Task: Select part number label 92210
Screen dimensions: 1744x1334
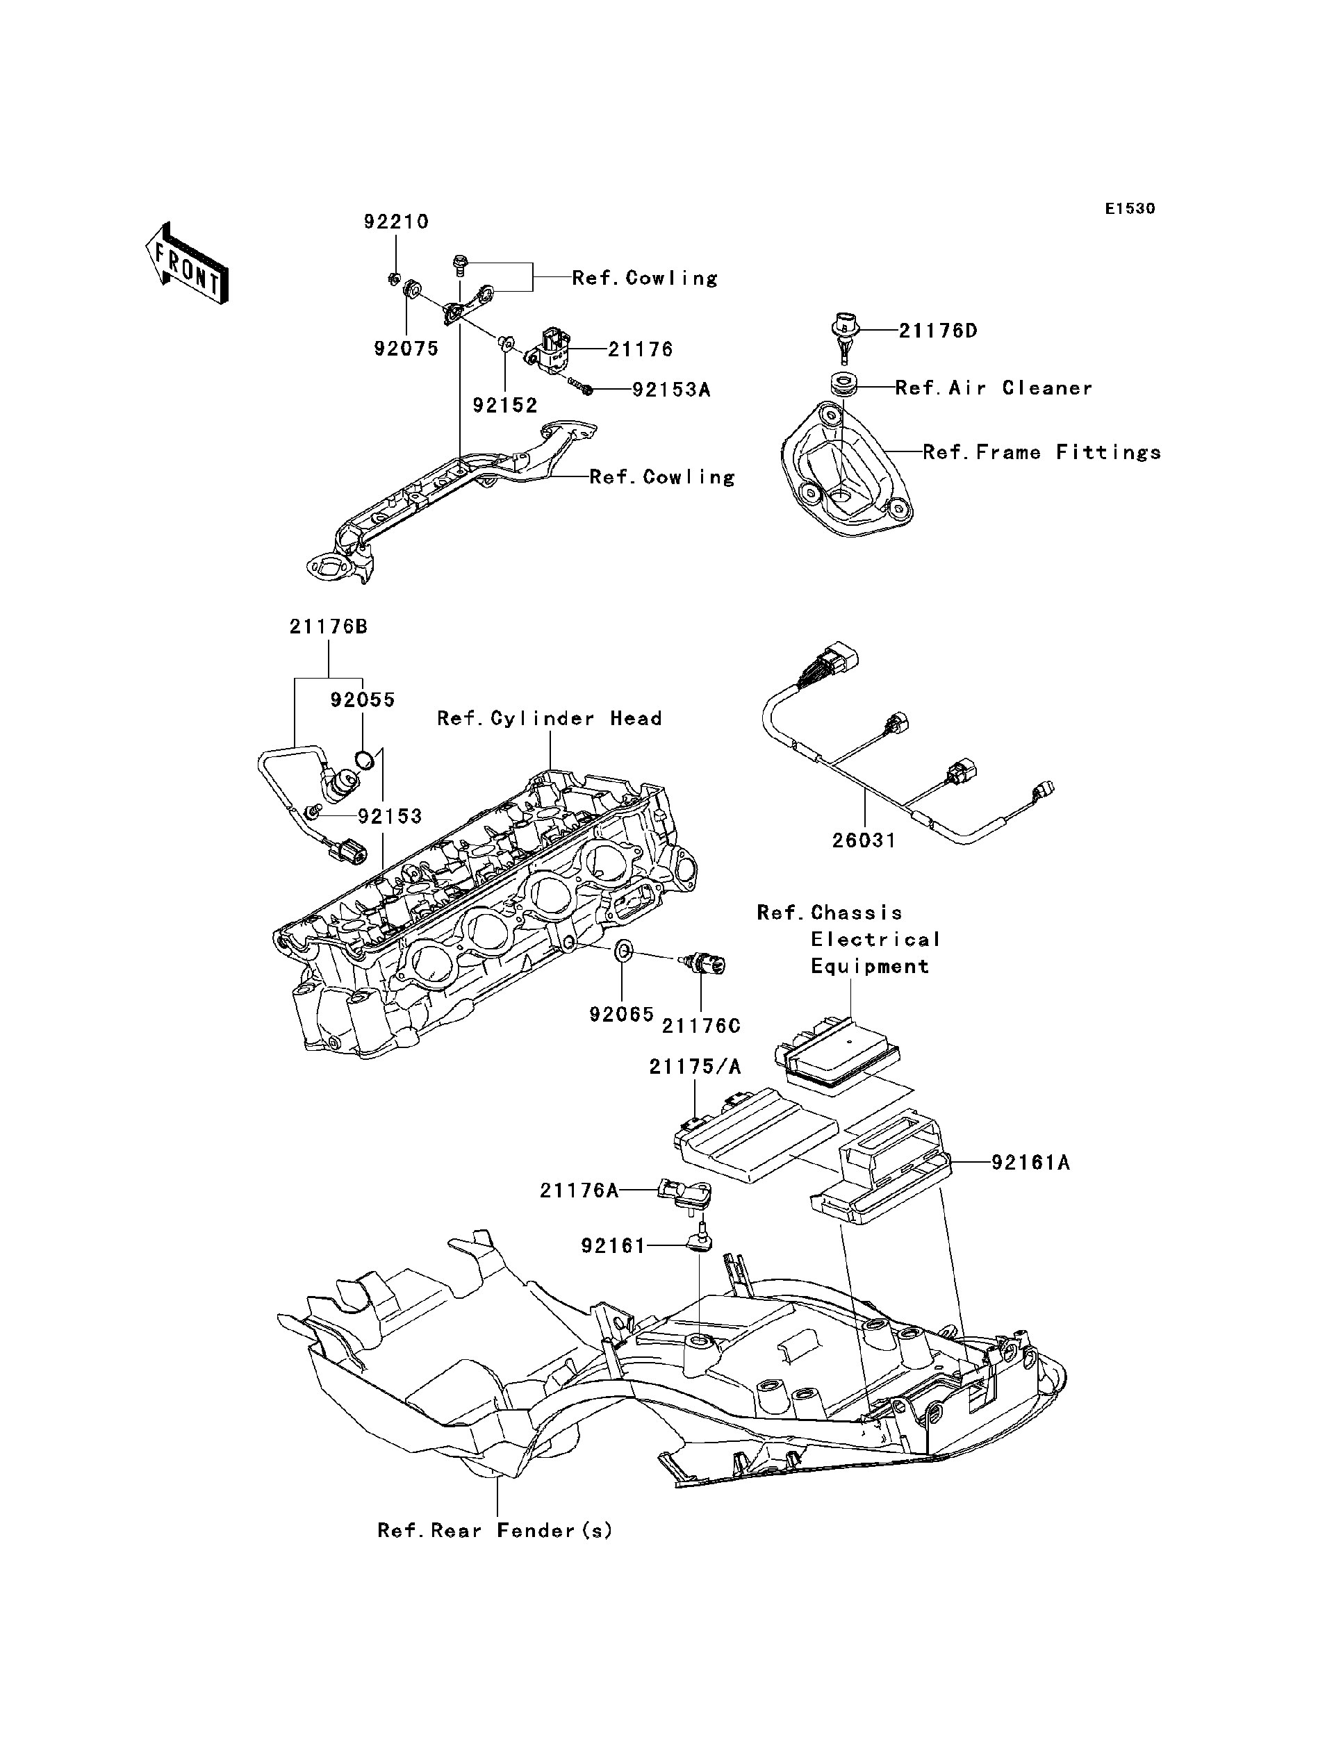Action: [x=396, y=222]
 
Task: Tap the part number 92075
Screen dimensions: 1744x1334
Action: [x=406, y=349]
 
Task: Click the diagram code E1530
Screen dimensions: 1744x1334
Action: [x=1130, y=209]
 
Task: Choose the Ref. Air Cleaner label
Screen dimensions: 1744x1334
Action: [x=994, y=388]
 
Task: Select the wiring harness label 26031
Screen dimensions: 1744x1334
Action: [x=864, y=840]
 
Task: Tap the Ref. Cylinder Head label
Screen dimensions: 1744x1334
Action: [x=550, y=718]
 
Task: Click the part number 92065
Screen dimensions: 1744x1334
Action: [x=622, y=1014]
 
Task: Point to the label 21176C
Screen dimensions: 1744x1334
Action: [x=701, y=1026]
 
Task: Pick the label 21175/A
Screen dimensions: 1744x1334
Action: [x=695, y=1068]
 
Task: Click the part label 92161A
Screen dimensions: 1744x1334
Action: [x=1030, y=1163]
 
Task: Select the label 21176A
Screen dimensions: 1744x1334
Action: [x=579, y=1190]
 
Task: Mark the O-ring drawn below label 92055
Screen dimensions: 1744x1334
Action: [x=365, y=759]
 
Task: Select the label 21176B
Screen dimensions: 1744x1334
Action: [x=328, y=626]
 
